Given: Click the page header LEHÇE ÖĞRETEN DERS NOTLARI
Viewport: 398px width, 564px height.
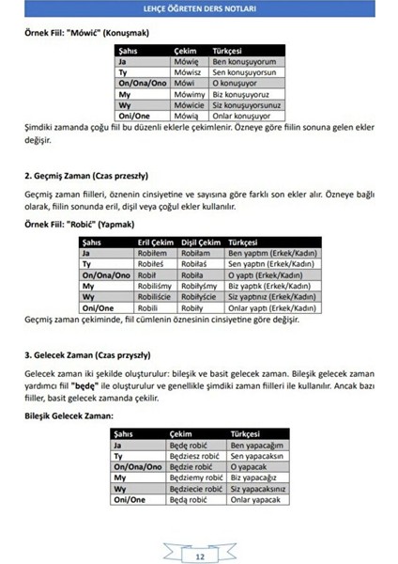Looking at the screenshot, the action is pos(198,9).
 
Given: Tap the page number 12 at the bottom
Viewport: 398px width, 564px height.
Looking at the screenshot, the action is pos(199,556).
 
